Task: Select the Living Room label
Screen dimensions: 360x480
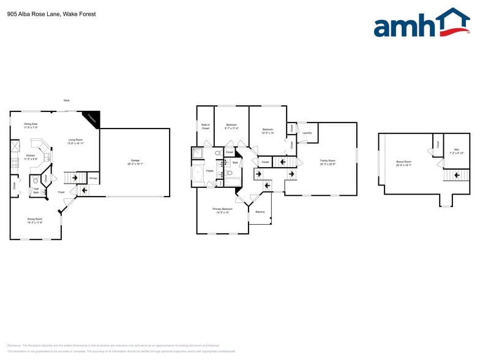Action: pyautogui.click(x=76, y=141)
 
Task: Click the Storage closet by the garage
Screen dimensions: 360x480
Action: pyautogui.click(x=93, y=178)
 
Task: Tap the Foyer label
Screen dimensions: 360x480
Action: pyautogui.click(x=61, y=192)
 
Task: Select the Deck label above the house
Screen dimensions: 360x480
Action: pyautogui.click(x=66, y=100)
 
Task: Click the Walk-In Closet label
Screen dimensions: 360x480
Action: pyautogui.click(x=205, y=127)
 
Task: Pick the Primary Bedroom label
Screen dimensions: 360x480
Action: pyautogui.click(x=220, y=210)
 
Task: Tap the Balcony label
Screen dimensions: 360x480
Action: pyautogui.click(x=260, y=212)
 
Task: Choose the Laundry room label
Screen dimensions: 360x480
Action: pyautogui.click(x=307, y=133)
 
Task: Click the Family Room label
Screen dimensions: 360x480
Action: pyautogui.click(x=328, y=162)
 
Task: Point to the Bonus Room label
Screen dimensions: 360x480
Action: pyautogui.click(x=403, y=163)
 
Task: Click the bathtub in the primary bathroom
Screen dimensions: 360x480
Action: pyautogui.click(x=198, y=176)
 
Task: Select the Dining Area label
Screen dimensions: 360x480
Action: pyautogui.click(x=31, y=126)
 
